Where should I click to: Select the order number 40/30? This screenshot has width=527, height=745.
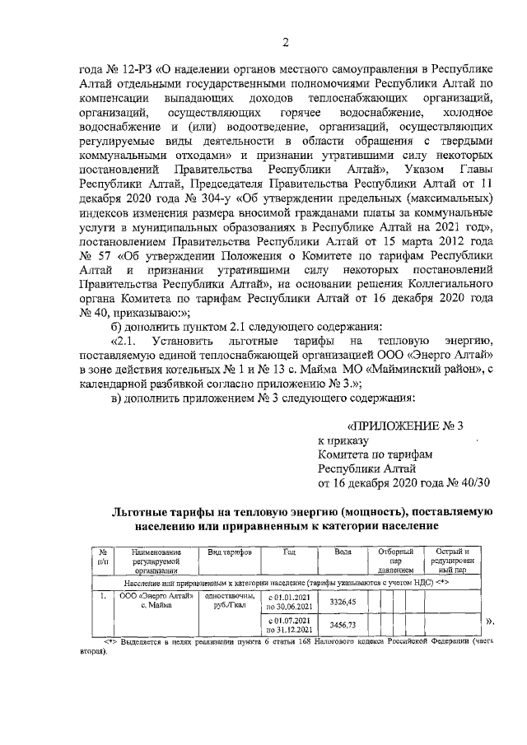coord(472,482)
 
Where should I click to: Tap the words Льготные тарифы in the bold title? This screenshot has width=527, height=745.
coord(164,511)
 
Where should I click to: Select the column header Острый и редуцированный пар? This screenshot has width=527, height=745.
coord(452,560)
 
